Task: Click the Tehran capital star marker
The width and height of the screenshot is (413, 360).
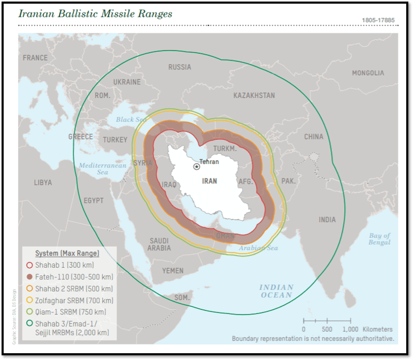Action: [197, 166]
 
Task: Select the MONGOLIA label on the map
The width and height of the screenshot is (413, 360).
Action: [368, 73]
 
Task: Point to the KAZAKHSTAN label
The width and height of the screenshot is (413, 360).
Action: [254, 95]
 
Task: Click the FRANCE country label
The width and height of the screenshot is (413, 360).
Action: [35, 58]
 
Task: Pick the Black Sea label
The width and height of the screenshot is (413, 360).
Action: [130, 119]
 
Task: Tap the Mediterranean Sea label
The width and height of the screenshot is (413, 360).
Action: [103, 169]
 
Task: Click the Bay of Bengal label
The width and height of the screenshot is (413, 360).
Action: [379, 239]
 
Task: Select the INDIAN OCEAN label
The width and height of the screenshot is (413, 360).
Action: [276, 291]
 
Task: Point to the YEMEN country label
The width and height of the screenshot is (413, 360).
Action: [173, 271]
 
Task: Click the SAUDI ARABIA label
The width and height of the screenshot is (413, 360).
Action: [159, 244]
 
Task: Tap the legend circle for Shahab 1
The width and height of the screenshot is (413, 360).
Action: [30, 265]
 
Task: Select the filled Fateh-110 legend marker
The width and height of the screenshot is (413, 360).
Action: [30, 277]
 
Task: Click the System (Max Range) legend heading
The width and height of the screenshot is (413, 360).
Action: [67, 254]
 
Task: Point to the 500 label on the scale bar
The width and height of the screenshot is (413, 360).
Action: [327, 329]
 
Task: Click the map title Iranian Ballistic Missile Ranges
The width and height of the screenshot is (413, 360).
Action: [95, 14]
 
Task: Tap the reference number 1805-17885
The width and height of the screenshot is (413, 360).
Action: [378, 20]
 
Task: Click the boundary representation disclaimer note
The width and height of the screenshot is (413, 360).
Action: [313, 339]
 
